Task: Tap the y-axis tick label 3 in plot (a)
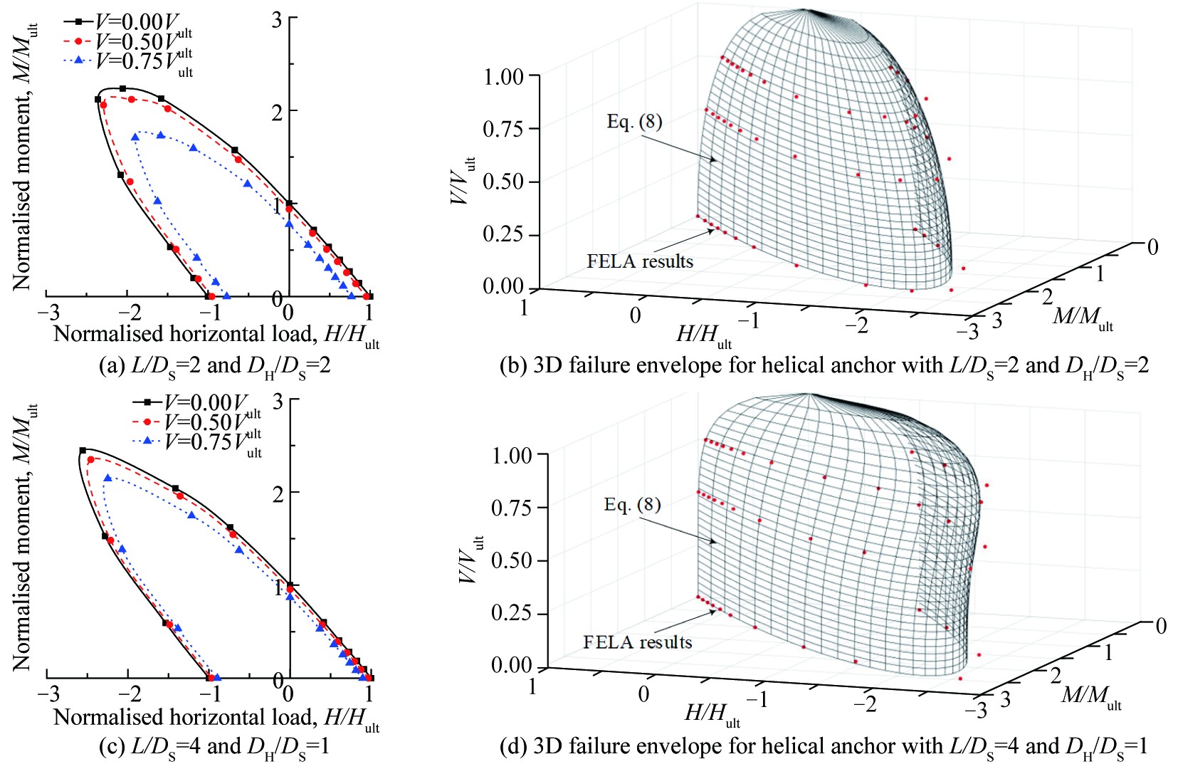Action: [276, 19]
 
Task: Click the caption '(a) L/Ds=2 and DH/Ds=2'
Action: [214, 366]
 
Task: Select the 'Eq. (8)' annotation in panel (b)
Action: [634, 122]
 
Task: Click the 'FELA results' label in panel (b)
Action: [640, 261]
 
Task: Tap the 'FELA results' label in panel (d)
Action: [637, 642]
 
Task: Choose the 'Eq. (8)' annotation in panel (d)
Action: [632, 505]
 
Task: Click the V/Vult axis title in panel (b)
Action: [463, 181]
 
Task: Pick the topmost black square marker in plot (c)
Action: [83, 450]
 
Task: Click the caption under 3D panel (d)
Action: [824, 747]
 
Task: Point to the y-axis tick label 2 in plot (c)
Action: [278, 493]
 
